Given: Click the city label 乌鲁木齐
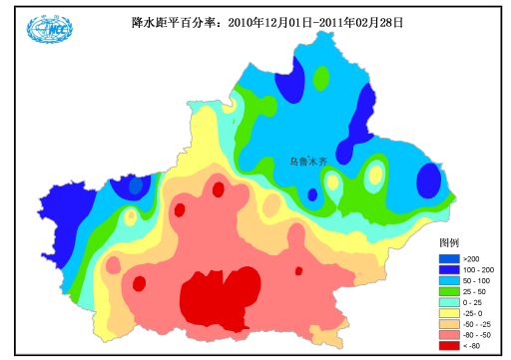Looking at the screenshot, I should [x=307, y=161].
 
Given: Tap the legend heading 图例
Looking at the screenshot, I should [x=449, y=242].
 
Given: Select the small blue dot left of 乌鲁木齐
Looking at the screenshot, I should [x=312, y=194].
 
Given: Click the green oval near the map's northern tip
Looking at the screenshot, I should [x=320, y=78].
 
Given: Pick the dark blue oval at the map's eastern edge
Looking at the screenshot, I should [x=428, y=181].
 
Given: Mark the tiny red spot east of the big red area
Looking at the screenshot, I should [x=297, y=270].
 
